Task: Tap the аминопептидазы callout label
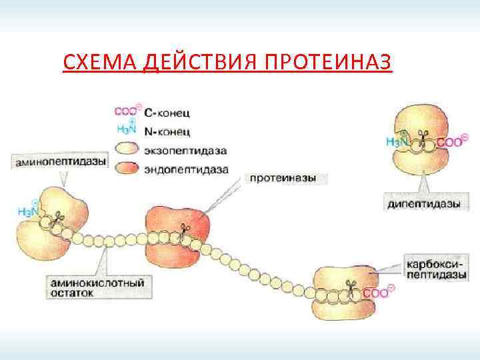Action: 59,162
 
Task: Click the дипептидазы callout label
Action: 423,204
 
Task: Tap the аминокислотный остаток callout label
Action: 97,287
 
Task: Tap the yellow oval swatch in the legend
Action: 128,148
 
